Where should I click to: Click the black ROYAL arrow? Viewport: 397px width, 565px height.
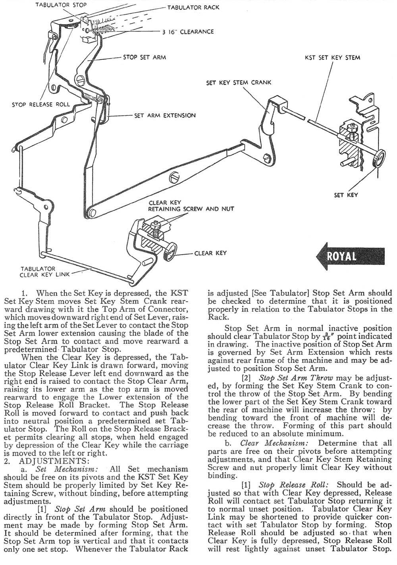point(350,256)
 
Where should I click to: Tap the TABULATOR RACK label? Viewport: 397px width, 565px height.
point(193,8)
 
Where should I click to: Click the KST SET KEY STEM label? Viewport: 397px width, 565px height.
point(333,57)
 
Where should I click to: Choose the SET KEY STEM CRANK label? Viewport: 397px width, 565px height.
point(239,83)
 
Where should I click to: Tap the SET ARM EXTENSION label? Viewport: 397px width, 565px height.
point(165,115)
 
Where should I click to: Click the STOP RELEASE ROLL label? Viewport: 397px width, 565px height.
point(40,105)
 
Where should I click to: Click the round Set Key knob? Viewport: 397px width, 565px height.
point(379,158)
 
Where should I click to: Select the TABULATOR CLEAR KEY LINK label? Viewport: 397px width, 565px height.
point(38,271)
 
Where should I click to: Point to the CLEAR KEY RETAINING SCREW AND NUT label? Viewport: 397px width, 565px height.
point(191,205)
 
